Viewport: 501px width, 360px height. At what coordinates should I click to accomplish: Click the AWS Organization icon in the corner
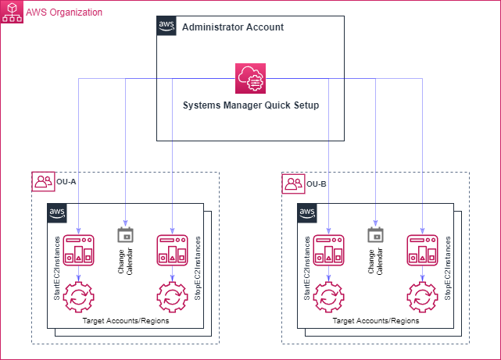[12, 12]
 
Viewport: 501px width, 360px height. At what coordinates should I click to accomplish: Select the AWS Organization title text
[64, 12]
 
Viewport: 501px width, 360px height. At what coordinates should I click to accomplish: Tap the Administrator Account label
[232, 27]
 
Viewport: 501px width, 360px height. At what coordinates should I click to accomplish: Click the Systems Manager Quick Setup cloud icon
[251, 79]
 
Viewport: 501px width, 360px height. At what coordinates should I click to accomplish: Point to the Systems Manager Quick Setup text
[250, 105]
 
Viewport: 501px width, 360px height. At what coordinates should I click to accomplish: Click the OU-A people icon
[43, 183]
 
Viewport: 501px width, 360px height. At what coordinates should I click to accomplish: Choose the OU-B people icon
[293, 183]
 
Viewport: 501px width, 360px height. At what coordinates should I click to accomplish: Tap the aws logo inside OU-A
[57, 212]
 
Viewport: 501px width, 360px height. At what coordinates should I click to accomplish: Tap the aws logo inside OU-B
[307, 212]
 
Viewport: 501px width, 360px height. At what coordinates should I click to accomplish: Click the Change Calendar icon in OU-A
[125, 235]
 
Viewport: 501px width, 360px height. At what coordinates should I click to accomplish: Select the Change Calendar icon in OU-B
[375, 235]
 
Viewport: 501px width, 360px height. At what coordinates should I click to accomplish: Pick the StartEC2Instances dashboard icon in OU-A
[79, 250]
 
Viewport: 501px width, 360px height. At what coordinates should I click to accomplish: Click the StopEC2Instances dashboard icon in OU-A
[172, 250]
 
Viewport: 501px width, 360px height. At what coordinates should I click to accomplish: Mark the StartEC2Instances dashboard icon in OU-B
[329, 250]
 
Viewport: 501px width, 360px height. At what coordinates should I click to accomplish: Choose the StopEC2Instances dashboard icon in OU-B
[422, 250]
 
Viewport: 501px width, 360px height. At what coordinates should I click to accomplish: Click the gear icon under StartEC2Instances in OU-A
[79, 295]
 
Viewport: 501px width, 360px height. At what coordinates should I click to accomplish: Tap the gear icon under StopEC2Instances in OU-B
[422, 295]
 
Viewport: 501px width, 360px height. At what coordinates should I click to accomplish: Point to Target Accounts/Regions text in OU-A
[125, 321]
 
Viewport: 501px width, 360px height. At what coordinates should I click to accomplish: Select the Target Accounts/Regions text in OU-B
[375, 321]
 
